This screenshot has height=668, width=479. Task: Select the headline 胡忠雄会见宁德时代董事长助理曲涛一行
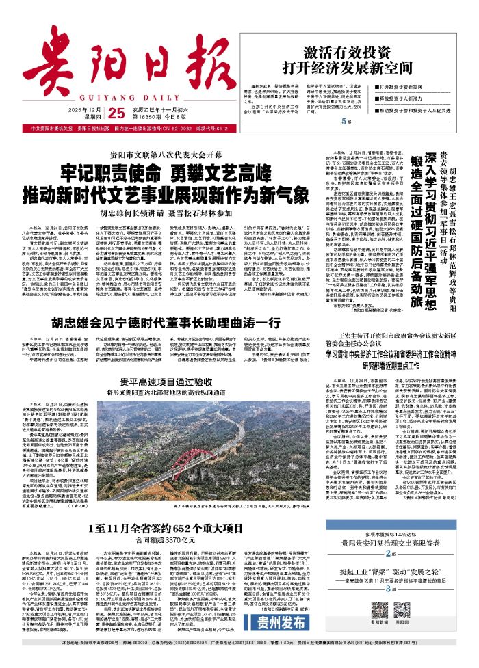(164, 302)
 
